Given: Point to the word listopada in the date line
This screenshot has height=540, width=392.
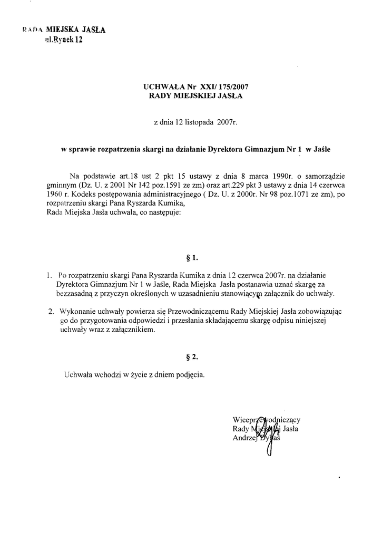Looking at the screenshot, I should coord(195,122).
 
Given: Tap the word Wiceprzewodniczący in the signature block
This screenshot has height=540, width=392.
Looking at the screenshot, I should coord(266,419).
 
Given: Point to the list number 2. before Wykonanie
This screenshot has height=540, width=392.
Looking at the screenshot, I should coord(51,311).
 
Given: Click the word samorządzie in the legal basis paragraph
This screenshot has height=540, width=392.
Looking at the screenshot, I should coord(326,176).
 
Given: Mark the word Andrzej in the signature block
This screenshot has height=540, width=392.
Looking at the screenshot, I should coord(244,438).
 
